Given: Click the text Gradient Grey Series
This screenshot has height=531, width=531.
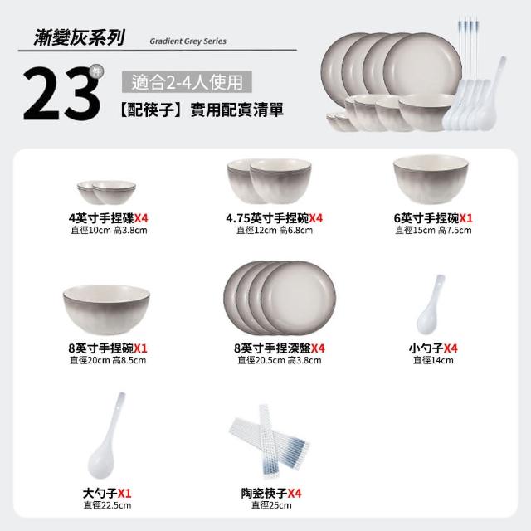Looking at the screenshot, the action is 188,41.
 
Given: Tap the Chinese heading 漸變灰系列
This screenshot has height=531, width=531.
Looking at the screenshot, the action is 80,37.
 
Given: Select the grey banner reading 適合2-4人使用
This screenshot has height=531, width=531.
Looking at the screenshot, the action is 187,81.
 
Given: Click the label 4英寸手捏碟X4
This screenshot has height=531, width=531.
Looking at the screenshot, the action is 109,218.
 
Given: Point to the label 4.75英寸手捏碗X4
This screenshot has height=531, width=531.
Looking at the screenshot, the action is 275,218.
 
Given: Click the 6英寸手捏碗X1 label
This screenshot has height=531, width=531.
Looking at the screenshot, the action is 433,218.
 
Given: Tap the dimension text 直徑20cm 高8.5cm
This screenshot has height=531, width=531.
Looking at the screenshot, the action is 108,360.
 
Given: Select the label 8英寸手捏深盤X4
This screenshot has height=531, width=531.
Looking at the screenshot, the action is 279,348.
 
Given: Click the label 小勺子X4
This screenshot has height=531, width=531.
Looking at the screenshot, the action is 433,348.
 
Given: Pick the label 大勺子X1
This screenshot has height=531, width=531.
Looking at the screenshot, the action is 107,493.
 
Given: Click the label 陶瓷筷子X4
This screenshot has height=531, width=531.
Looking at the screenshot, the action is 271,493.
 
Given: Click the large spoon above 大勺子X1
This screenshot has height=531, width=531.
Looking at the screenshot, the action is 105,437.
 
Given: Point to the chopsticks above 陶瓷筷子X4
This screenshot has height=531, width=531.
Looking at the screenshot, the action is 269,441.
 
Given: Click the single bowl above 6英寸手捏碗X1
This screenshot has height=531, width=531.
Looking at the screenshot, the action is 431,179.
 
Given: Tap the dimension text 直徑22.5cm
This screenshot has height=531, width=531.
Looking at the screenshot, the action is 107,505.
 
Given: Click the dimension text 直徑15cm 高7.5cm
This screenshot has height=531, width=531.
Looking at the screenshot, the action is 433,231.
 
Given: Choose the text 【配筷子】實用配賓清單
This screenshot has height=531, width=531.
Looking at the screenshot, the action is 202,110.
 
